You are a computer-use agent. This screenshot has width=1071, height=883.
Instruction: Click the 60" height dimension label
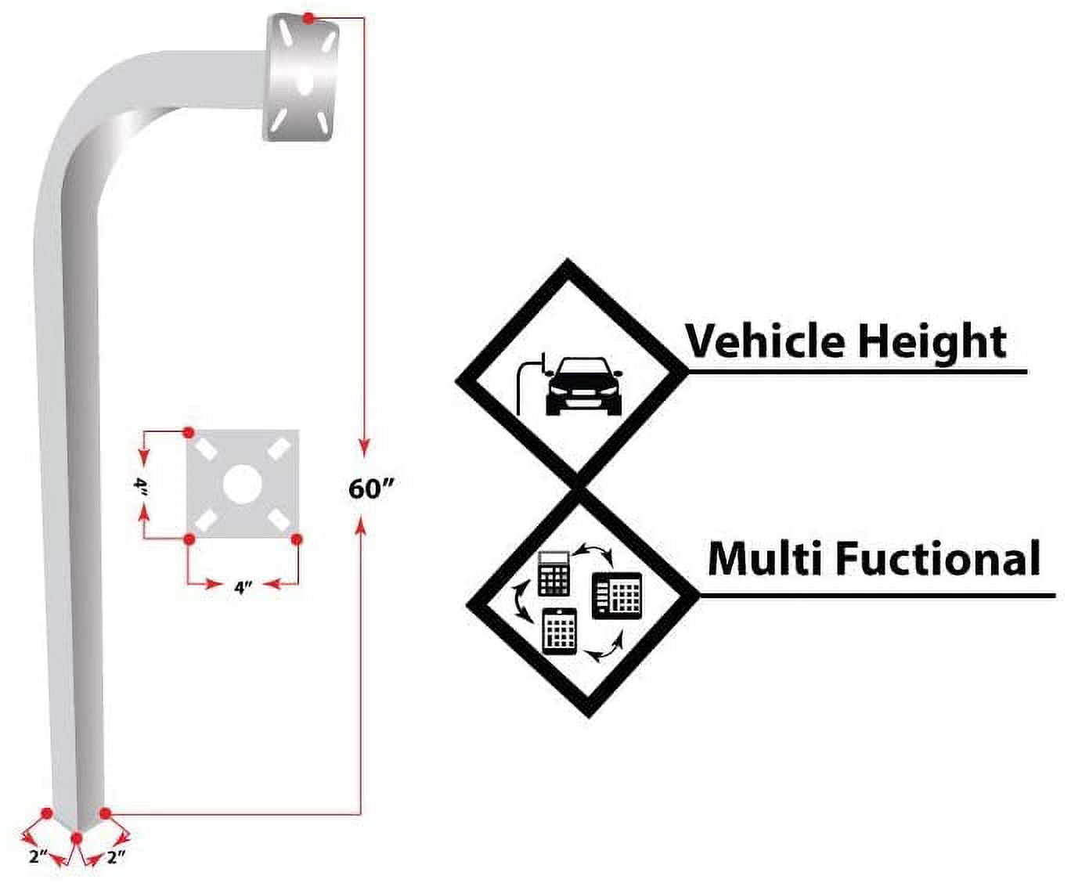point(370,488)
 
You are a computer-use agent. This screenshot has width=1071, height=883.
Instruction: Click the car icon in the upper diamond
point(582,386)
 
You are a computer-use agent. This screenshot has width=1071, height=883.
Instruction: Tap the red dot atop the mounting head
point(309,17)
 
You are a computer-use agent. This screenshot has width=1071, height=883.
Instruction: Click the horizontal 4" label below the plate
point(243,586)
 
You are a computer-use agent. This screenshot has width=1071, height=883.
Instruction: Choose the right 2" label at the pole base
point(116,856)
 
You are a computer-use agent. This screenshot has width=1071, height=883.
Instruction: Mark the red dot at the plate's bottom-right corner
point(297,539)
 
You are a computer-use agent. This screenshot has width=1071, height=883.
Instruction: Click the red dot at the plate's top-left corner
point(188,432)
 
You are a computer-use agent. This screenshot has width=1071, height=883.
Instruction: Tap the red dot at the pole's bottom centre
point(77,838)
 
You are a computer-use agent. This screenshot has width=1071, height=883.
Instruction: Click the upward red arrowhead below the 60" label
point(361,528)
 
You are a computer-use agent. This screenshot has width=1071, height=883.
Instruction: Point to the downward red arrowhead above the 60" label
point(363,447)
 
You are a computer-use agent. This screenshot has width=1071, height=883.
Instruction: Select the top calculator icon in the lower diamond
point(554,573)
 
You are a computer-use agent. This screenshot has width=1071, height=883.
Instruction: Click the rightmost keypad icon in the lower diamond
point(617,596)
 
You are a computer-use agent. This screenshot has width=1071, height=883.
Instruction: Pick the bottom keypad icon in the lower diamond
point(559,629)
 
